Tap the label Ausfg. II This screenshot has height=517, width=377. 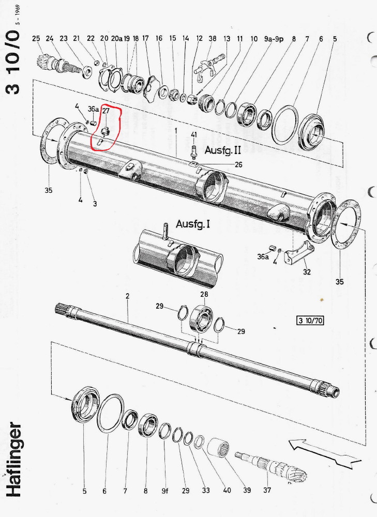[223, 150]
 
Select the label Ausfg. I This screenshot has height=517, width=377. [193, 224]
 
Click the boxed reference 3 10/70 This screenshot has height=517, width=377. [310, 321]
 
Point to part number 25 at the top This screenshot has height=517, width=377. [36, 38]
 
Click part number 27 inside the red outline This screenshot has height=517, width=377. [105, 111]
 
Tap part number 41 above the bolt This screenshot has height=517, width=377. [194, 134]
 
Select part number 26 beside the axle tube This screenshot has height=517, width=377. [238, 164]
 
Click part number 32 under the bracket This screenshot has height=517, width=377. [307, 272]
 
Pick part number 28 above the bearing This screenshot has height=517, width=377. [204, 294]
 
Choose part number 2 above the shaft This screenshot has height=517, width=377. [127, 296]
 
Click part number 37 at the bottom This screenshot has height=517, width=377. [267, 490]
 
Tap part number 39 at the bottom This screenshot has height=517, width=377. [247, 490]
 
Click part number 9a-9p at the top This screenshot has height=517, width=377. [274, 39]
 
